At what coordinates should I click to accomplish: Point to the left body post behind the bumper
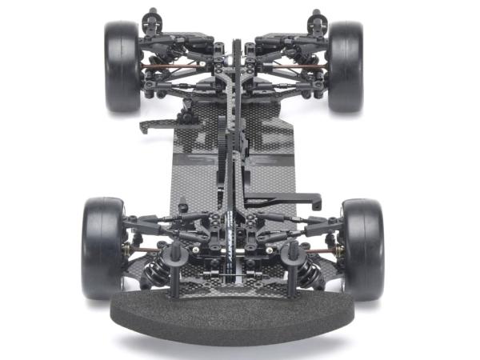point(174,268)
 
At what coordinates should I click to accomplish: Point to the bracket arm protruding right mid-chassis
point(288,200)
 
